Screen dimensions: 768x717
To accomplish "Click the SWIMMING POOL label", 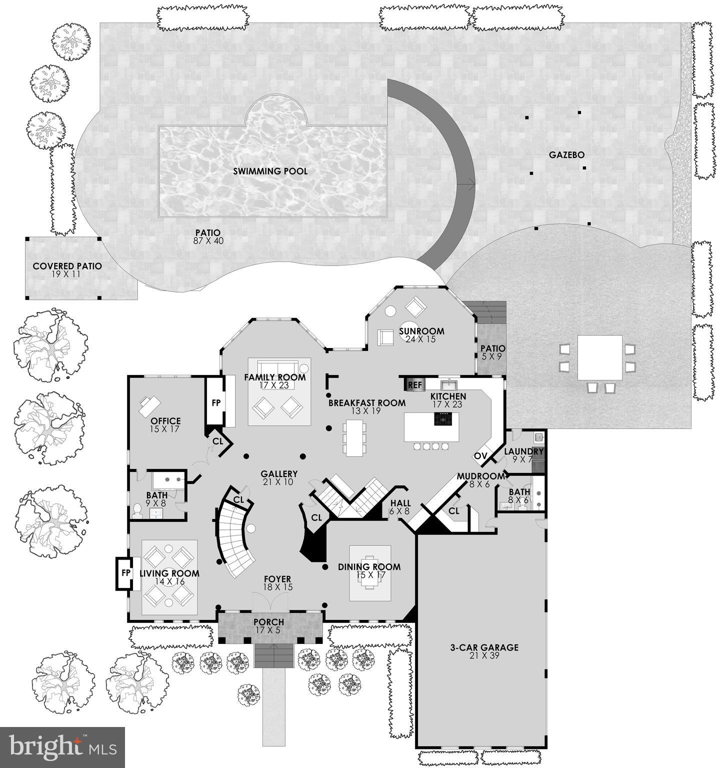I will [x=270, y=171].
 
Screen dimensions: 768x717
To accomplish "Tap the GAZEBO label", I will [x=566, y=155].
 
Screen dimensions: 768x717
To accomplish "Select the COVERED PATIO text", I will [x=67, y=266].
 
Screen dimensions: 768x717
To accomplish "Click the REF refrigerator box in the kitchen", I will [x=415, y=385].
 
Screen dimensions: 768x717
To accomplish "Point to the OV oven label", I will [x=480, y=456].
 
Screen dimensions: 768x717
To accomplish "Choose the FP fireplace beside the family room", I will [x=216, y=403].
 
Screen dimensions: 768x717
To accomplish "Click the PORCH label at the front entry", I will [x=268, y=622].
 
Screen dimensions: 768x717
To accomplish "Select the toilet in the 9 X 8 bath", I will [x=136, y=510].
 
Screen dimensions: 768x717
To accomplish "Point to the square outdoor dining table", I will [x=600, y=357].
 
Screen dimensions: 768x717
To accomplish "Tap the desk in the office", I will [x=149, y=404].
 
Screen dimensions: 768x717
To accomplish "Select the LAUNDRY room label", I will [x=523, y=451].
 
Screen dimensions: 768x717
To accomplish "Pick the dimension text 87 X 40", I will [x=208, y=241].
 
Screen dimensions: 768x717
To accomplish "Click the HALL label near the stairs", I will [x=400, y=503].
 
